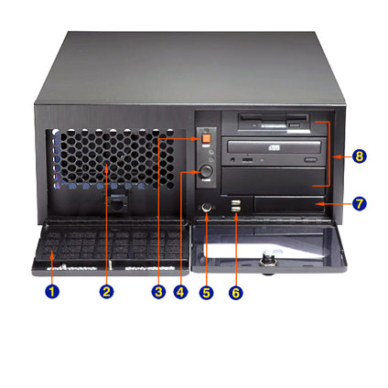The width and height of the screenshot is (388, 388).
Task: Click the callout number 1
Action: (x=52, y=292)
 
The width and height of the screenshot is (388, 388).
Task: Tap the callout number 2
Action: (x=106, y=292)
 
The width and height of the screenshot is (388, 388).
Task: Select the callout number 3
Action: (x=158, y=292)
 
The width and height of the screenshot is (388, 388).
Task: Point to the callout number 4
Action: (x=180, y=292)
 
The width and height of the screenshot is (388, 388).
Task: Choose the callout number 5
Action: (x=207, y=293)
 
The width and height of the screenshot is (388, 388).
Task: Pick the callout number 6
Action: (x=236, y=293)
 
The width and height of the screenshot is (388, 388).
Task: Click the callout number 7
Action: (x=359, y=203)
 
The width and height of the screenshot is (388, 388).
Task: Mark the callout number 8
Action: (x=359, y=156)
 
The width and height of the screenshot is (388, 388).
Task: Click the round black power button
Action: (x=206, y=171)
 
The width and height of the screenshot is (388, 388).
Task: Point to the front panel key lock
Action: (x=207, y=208)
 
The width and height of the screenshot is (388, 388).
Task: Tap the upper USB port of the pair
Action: (x=235, y=202)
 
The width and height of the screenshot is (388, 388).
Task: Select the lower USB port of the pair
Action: (x=235, y=209)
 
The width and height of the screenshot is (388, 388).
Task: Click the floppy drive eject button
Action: (x=295, y=125)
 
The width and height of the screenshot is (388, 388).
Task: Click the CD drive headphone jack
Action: (x=233, y=158)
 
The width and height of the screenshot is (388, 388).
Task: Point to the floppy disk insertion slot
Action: (x=274, y=118)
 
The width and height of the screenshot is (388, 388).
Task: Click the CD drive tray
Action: (x=275, y=147)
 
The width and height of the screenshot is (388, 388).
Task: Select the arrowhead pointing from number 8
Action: (x=335, y=156)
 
